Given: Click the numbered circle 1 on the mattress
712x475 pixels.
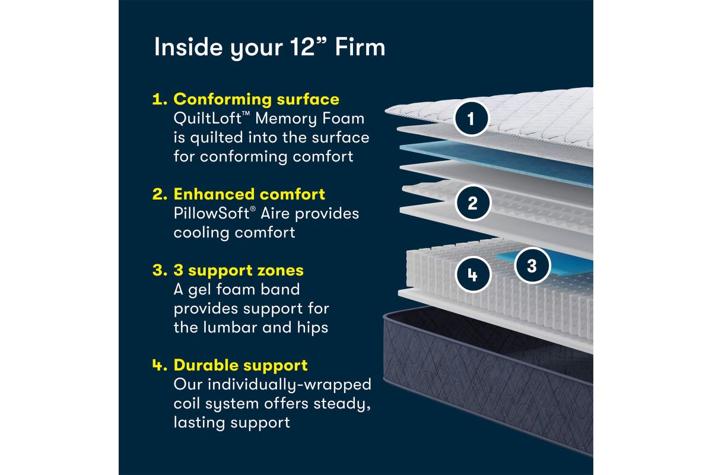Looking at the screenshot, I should click(471, 119).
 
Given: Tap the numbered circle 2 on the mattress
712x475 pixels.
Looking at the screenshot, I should click(472, 204).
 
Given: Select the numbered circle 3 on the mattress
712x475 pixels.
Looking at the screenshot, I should click(531, 265).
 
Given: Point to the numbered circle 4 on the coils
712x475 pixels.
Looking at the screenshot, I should click(472, 275).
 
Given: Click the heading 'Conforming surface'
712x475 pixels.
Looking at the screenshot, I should click(256, 99).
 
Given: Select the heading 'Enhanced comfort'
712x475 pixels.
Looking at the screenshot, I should click(249, 194).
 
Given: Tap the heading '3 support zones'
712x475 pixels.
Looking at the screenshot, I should click(238, 270).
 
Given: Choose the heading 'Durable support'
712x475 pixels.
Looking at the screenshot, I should click(240, 365).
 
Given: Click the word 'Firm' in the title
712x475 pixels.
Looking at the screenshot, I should click(360, 47).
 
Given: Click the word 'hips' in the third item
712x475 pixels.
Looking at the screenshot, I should click(309, 327).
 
